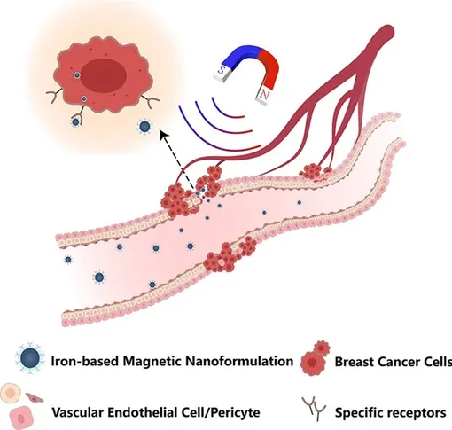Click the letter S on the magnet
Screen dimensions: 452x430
(222, 70)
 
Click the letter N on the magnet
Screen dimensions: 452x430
(264, 95)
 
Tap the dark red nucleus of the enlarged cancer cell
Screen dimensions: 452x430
(104, 75)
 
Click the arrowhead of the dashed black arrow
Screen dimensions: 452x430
(163, 136)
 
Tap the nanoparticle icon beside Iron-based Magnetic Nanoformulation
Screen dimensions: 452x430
(30, 358)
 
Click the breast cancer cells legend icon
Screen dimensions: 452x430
(316, 357)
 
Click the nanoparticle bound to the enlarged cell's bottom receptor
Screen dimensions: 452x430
(75, 121)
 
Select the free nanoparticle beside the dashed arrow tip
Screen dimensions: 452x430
(144, 127)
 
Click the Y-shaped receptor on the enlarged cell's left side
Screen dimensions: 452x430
(54, 95)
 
